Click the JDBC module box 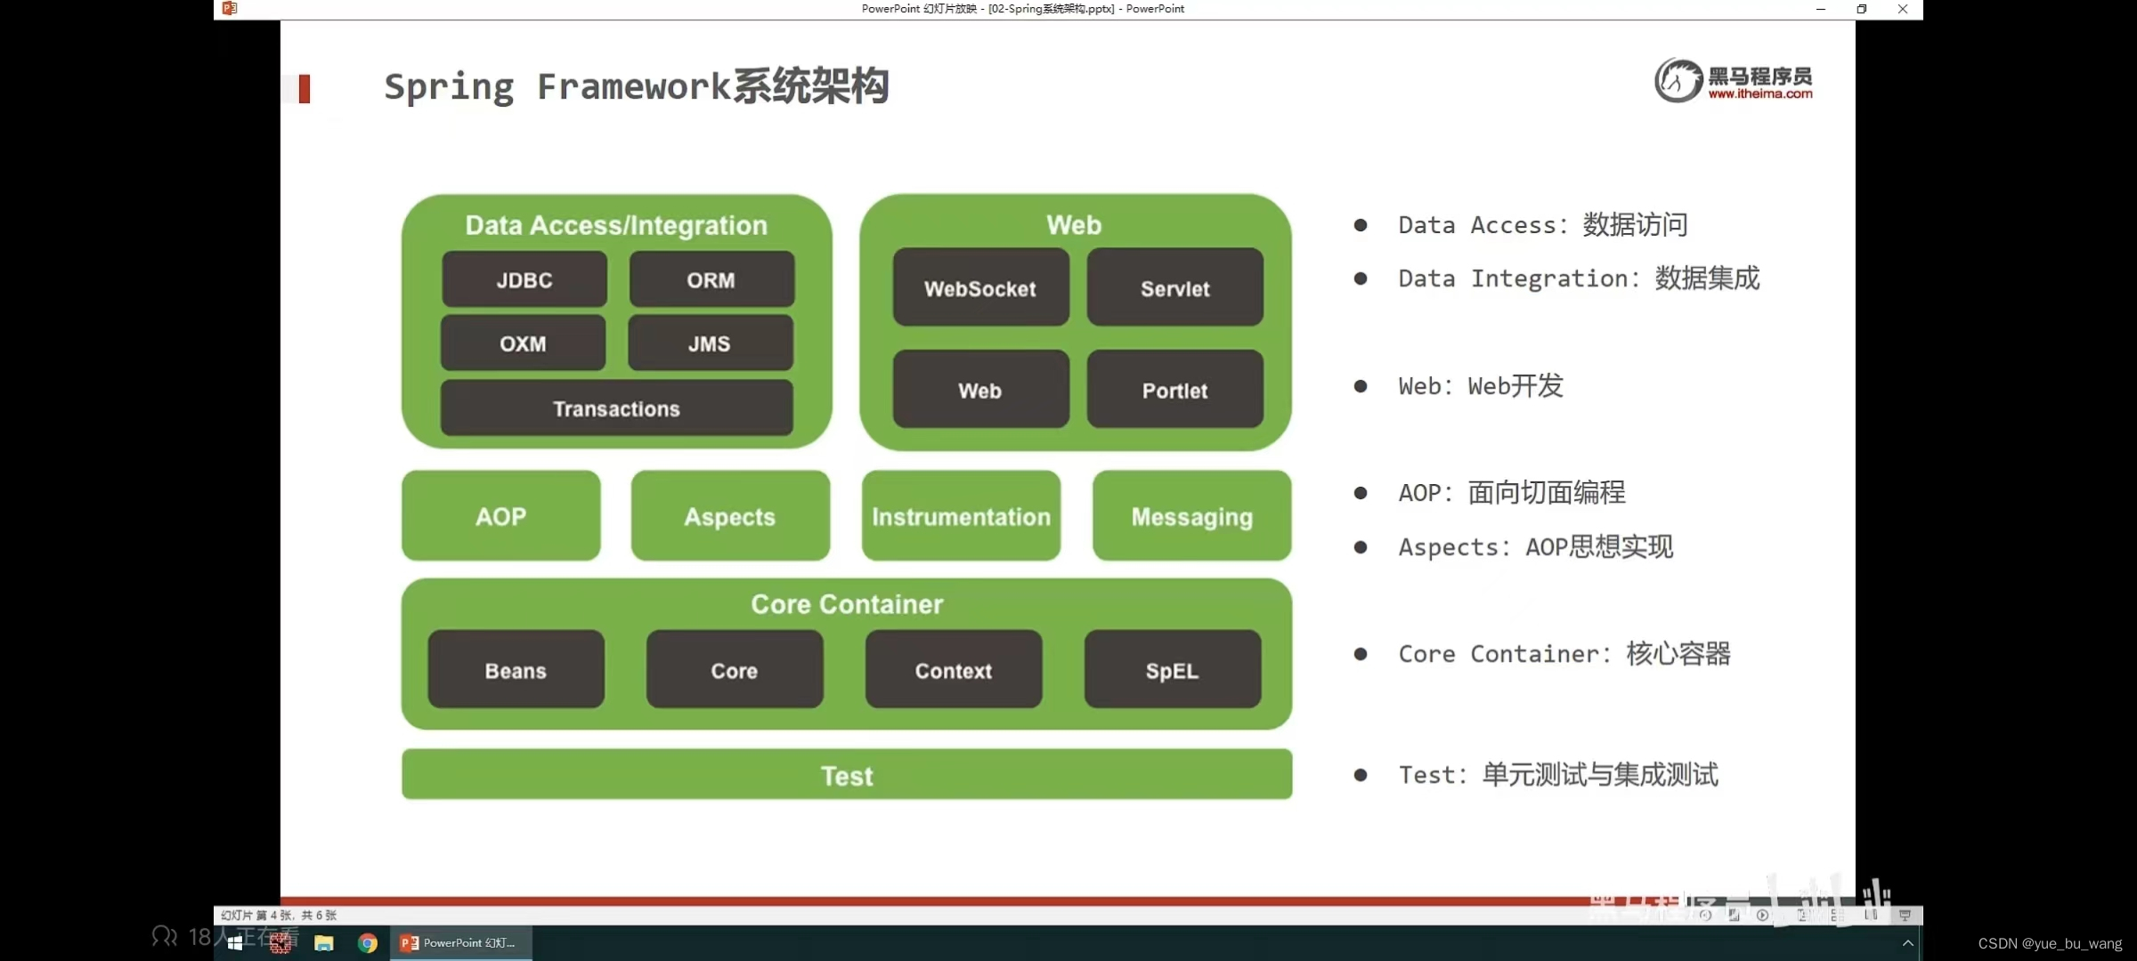pyautogui.click(x=524, y=280)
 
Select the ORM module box pyautogui.click(x=711, y=280)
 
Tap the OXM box pyautogui.click(x=523, y=343)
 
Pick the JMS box pyautogui.click(x=710, y=343)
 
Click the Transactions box pyautogui.click(x=616, y=408)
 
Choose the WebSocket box pyautogui.click(x=980, y=288)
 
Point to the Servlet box pyautogui.click(x=1174, y=288)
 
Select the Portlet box pyautogui.click(x=1174, y=390)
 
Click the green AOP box pyautogui.click(x=500, y=516)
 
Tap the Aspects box pyautogui.click(x=730, y=516)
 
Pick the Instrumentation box pyautogui.click(x=961, y=516)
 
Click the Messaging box pyautogui.click(x=1191, y=516)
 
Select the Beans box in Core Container pyautogui.click(x=516, y=670)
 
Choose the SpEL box pyautogui.click(x=1172, y=670)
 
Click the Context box pyautogui.click(x=953, y=670)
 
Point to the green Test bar pyautogui.click(x=847, y=775)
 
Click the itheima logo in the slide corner pyautogui.click(x=1733, y=81)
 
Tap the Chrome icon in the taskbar pyautogui.click(x=368, y=943)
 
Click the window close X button pyautogui.click(x=1903, y=9)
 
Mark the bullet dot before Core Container pyautogui.click(x=1361, y=654)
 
